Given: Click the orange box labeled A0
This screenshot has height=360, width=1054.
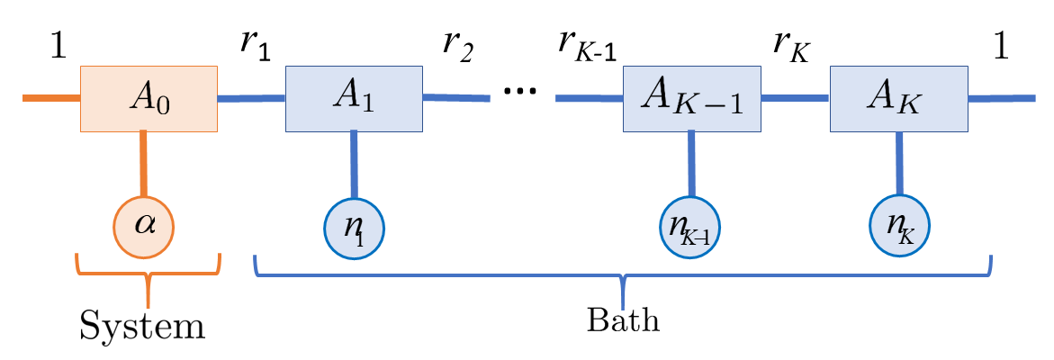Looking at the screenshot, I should click(149, 98).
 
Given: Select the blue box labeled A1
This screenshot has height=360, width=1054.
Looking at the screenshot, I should click(354, 98).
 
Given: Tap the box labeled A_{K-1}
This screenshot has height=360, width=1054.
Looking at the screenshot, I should click(691, 98).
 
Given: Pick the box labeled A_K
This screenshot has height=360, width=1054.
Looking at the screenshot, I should click(898, 98).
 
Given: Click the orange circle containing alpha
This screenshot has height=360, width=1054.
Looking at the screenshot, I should click(144, 225).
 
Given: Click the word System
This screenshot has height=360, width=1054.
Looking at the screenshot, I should click(142, 326).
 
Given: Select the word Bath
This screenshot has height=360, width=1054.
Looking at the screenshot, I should click(623, 320).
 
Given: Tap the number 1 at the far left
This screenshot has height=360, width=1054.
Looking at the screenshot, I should click(58, 47).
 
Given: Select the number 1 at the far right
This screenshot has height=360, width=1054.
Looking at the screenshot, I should click(1000, 47).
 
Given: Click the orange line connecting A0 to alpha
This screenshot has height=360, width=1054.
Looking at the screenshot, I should click(142, 164).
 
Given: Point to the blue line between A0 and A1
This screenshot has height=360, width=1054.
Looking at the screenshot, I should click(251, 98).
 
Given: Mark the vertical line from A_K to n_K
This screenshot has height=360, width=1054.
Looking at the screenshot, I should click(899, 164).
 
